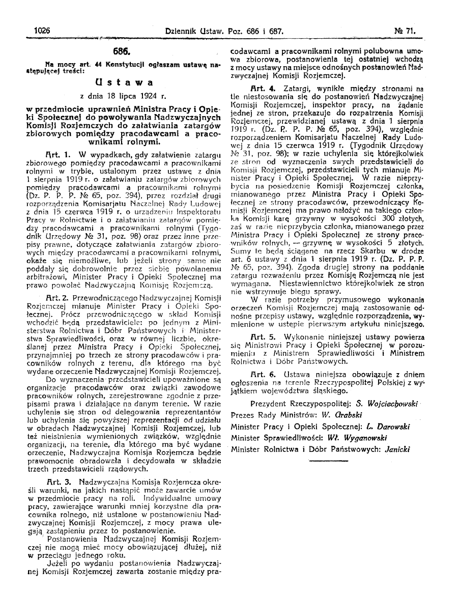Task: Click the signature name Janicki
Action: pos(395,448)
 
